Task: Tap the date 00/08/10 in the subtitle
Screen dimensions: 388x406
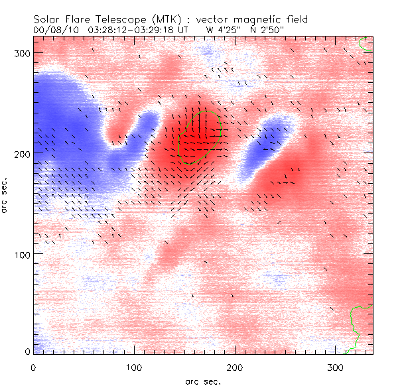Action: (x=53, y=30)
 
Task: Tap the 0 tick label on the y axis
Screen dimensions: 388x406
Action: (x=27, y=352)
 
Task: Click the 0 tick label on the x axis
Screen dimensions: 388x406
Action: (x=34, y=367)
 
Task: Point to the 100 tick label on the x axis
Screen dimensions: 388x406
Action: (x=135, y=367)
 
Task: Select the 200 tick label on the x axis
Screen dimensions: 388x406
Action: (x=236, y=367)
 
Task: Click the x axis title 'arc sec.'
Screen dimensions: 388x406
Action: (x=202, y=381)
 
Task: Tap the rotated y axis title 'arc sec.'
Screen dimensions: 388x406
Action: (x=7, y=196)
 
